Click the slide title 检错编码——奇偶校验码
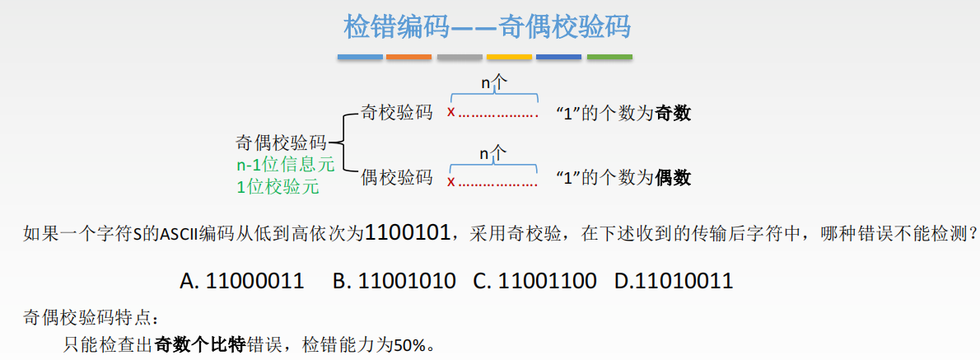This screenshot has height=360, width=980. point(487,26)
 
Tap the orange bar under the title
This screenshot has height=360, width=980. point(409,57)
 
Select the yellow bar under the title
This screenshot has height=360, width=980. point(509,57)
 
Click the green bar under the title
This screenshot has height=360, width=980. point(609,57)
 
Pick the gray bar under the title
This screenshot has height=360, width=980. point(460,57)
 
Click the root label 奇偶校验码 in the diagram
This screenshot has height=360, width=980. point(281,142)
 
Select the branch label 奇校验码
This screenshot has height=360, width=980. point(397,113)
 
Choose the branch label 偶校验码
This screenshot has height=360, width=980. point(397,177)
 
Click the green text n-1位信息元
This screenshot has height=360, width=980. point(285,165)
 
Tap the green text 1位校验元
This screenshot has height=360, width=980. point(277,187)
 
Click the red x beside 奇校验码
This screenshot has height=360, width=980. point(450,113)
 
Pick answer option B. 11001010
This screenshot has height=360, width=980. point(394,281)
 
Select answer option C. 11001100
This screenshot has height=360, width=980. point(535,281)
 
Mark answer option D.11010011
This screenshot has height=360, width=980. point(674,281)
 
